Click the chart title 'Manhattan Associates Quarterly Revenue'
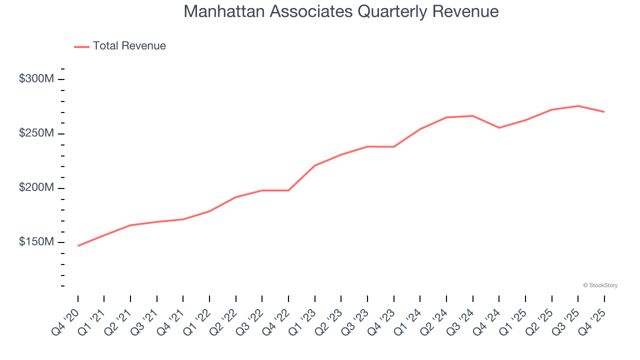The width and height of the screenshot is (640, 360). point(341,11)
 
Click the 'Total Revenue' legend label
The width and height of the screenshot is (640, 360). point(129,46)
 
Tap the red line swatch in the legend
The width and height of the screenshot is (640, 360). point(81,46)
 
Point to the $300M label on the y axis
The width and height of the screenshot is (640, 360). point(36,79)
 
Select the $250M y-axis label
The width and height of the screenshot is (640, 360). point(36,133)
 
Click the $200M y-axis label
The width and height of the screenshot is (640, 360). point(36,187)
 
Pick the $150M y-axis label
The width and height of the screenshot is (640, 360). point(36,242)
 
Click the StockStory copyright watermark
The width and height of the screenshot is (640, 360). point(600,285)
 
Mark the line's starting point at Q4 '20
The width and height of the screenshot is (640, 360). point(78,246)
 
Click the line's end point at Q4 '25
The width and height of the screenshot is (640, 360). point(604,111)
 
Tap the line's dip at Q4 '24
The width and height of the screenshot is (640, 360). point(499,127)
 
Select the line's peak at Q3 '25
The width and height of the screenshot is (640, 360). point(578,106)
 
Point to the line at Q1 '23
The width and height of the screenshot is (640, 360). point(315,165)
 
